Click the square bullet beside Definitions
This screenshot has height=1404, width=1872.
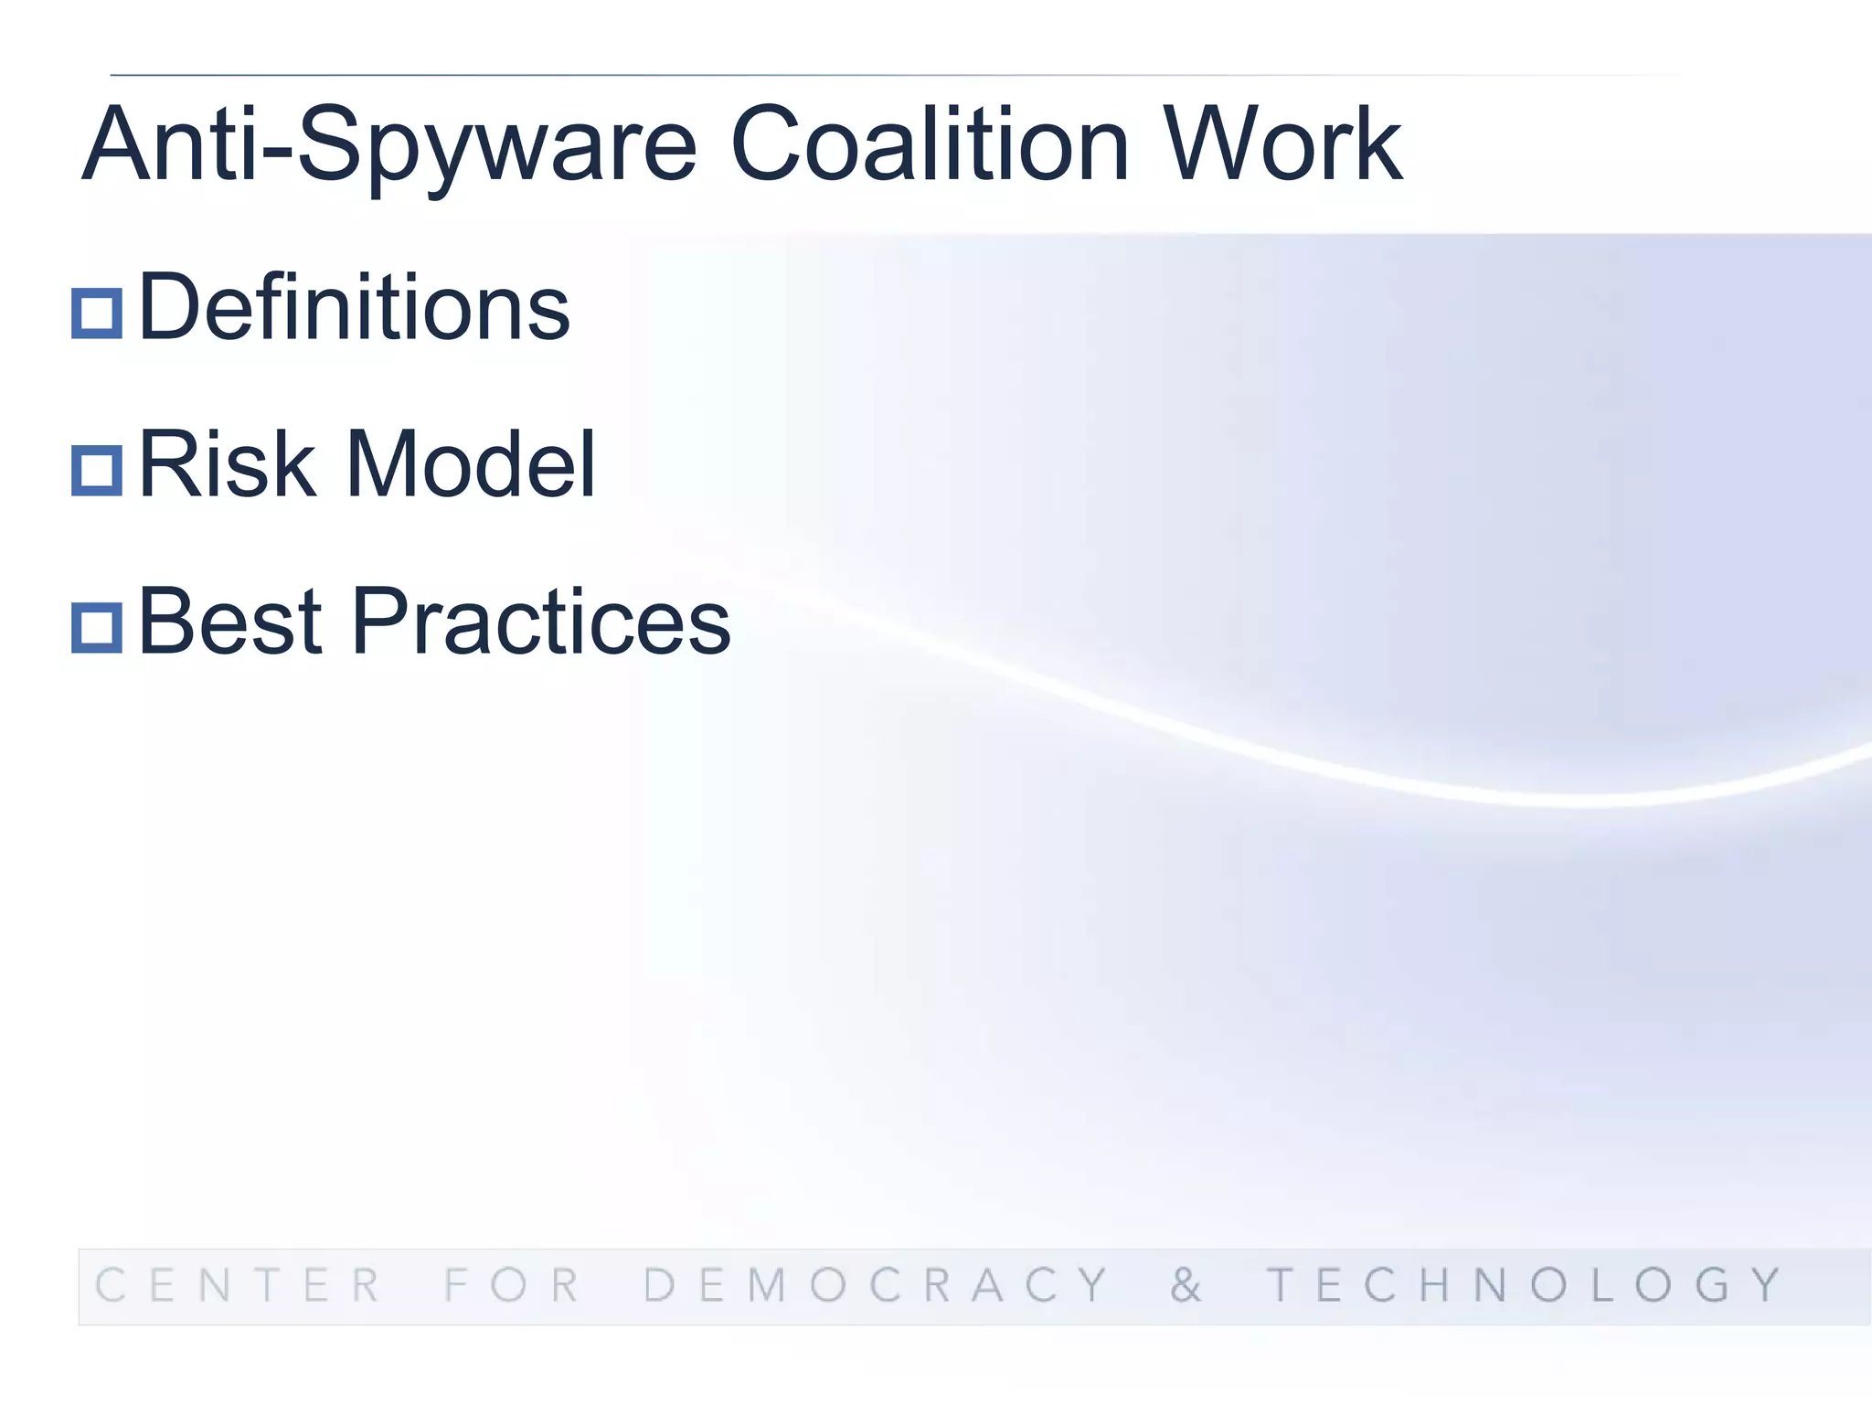[x=97, y=314]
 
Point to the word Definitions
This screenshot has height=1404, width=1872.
[x=354, y=308]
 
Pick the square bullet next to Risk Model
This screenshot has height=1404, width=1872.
[x=97, y=471]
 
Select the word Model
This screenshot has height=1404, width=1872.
[x=471, y=465]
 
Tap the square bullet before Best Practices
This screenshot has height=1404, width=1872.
[x=97, y=628]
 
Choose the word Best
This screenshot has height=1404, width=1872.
[x=230, y=622]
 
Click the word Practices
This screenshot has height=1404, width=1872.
[x=541, y=622]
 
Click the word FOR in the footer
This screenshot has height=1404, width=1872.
[x=512, y=1285]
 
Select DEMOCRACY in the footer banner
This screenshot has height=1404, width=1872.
[x=876, y=1285]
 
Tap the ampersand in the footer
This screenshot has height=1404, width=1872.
[x=1186, y=1285]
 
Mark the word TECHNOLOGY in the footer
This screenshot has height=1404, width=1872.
[x=1525, y=1285]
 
